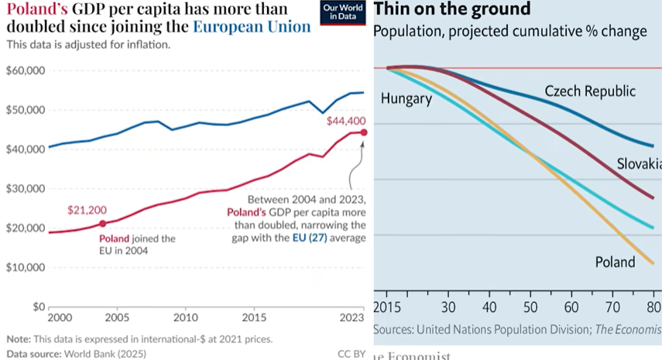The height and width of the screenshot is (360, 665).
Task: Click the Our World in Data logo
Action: [343, 13]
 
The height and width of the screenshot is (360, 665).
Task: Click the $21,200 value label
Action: [85, 210]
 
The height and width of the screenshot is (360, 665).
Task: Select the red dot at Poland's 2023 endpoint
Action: [365, 132]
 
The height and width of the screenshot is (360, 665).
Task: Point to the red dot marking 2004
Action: [102, 224]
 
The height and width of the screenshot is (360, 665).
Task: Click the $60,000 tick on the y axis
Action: [26, 70]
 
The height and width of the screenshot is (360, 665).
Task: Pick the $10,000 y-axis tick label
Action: [26, 268]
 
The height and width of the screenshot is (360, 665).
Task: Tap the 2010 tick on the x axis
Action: [184, 318]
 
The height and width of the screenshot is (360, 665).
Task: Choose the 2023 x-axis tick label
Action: [352, 318]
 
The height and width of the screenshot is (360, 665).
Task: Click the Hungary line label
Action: [406, 98]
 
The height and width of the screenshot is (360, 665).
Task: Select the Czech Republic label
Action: [590, 91]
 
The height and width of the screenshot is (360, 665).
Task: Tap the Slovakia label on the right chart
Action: [639, 164]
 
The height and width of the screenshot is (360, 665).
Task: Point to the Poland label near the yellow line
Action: [615, 262]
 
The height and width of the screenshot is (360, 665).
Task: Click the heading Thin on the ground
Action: [452, 9]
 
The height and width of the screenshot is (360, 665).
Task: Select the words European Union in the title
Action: [252, 26]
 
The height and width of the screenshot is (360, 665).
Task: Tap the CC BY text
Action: [351, 354]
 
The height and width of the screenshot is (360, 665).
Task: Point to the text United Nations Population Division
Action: [502, 330]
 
